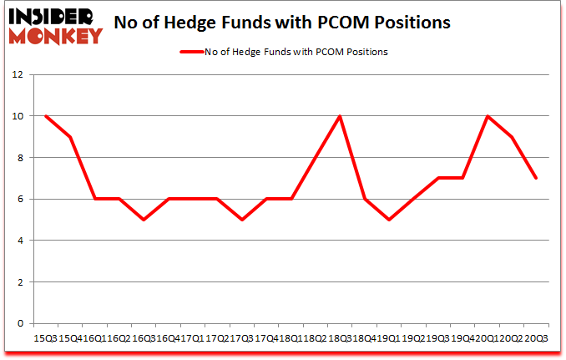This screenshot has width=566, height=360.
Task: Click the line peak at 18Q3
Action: click(x=340, y=116)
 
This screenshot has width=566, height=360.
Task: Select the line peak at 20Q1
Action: click(x=487, y=116)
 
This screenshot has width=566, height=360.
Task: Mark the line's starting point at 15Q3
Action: click(x=45, y=116)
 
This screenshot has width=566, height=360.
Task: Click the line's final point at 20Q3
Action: click(x=536, y=178)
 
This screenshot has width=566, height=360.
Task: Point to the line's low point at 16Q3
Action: click(x=144, y=220)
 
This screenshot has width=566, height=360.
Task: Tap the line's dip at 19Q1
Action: click(x=389, y=220)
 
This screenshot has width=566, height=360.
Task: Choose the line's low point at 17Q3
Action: click(x=241, y=220)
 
